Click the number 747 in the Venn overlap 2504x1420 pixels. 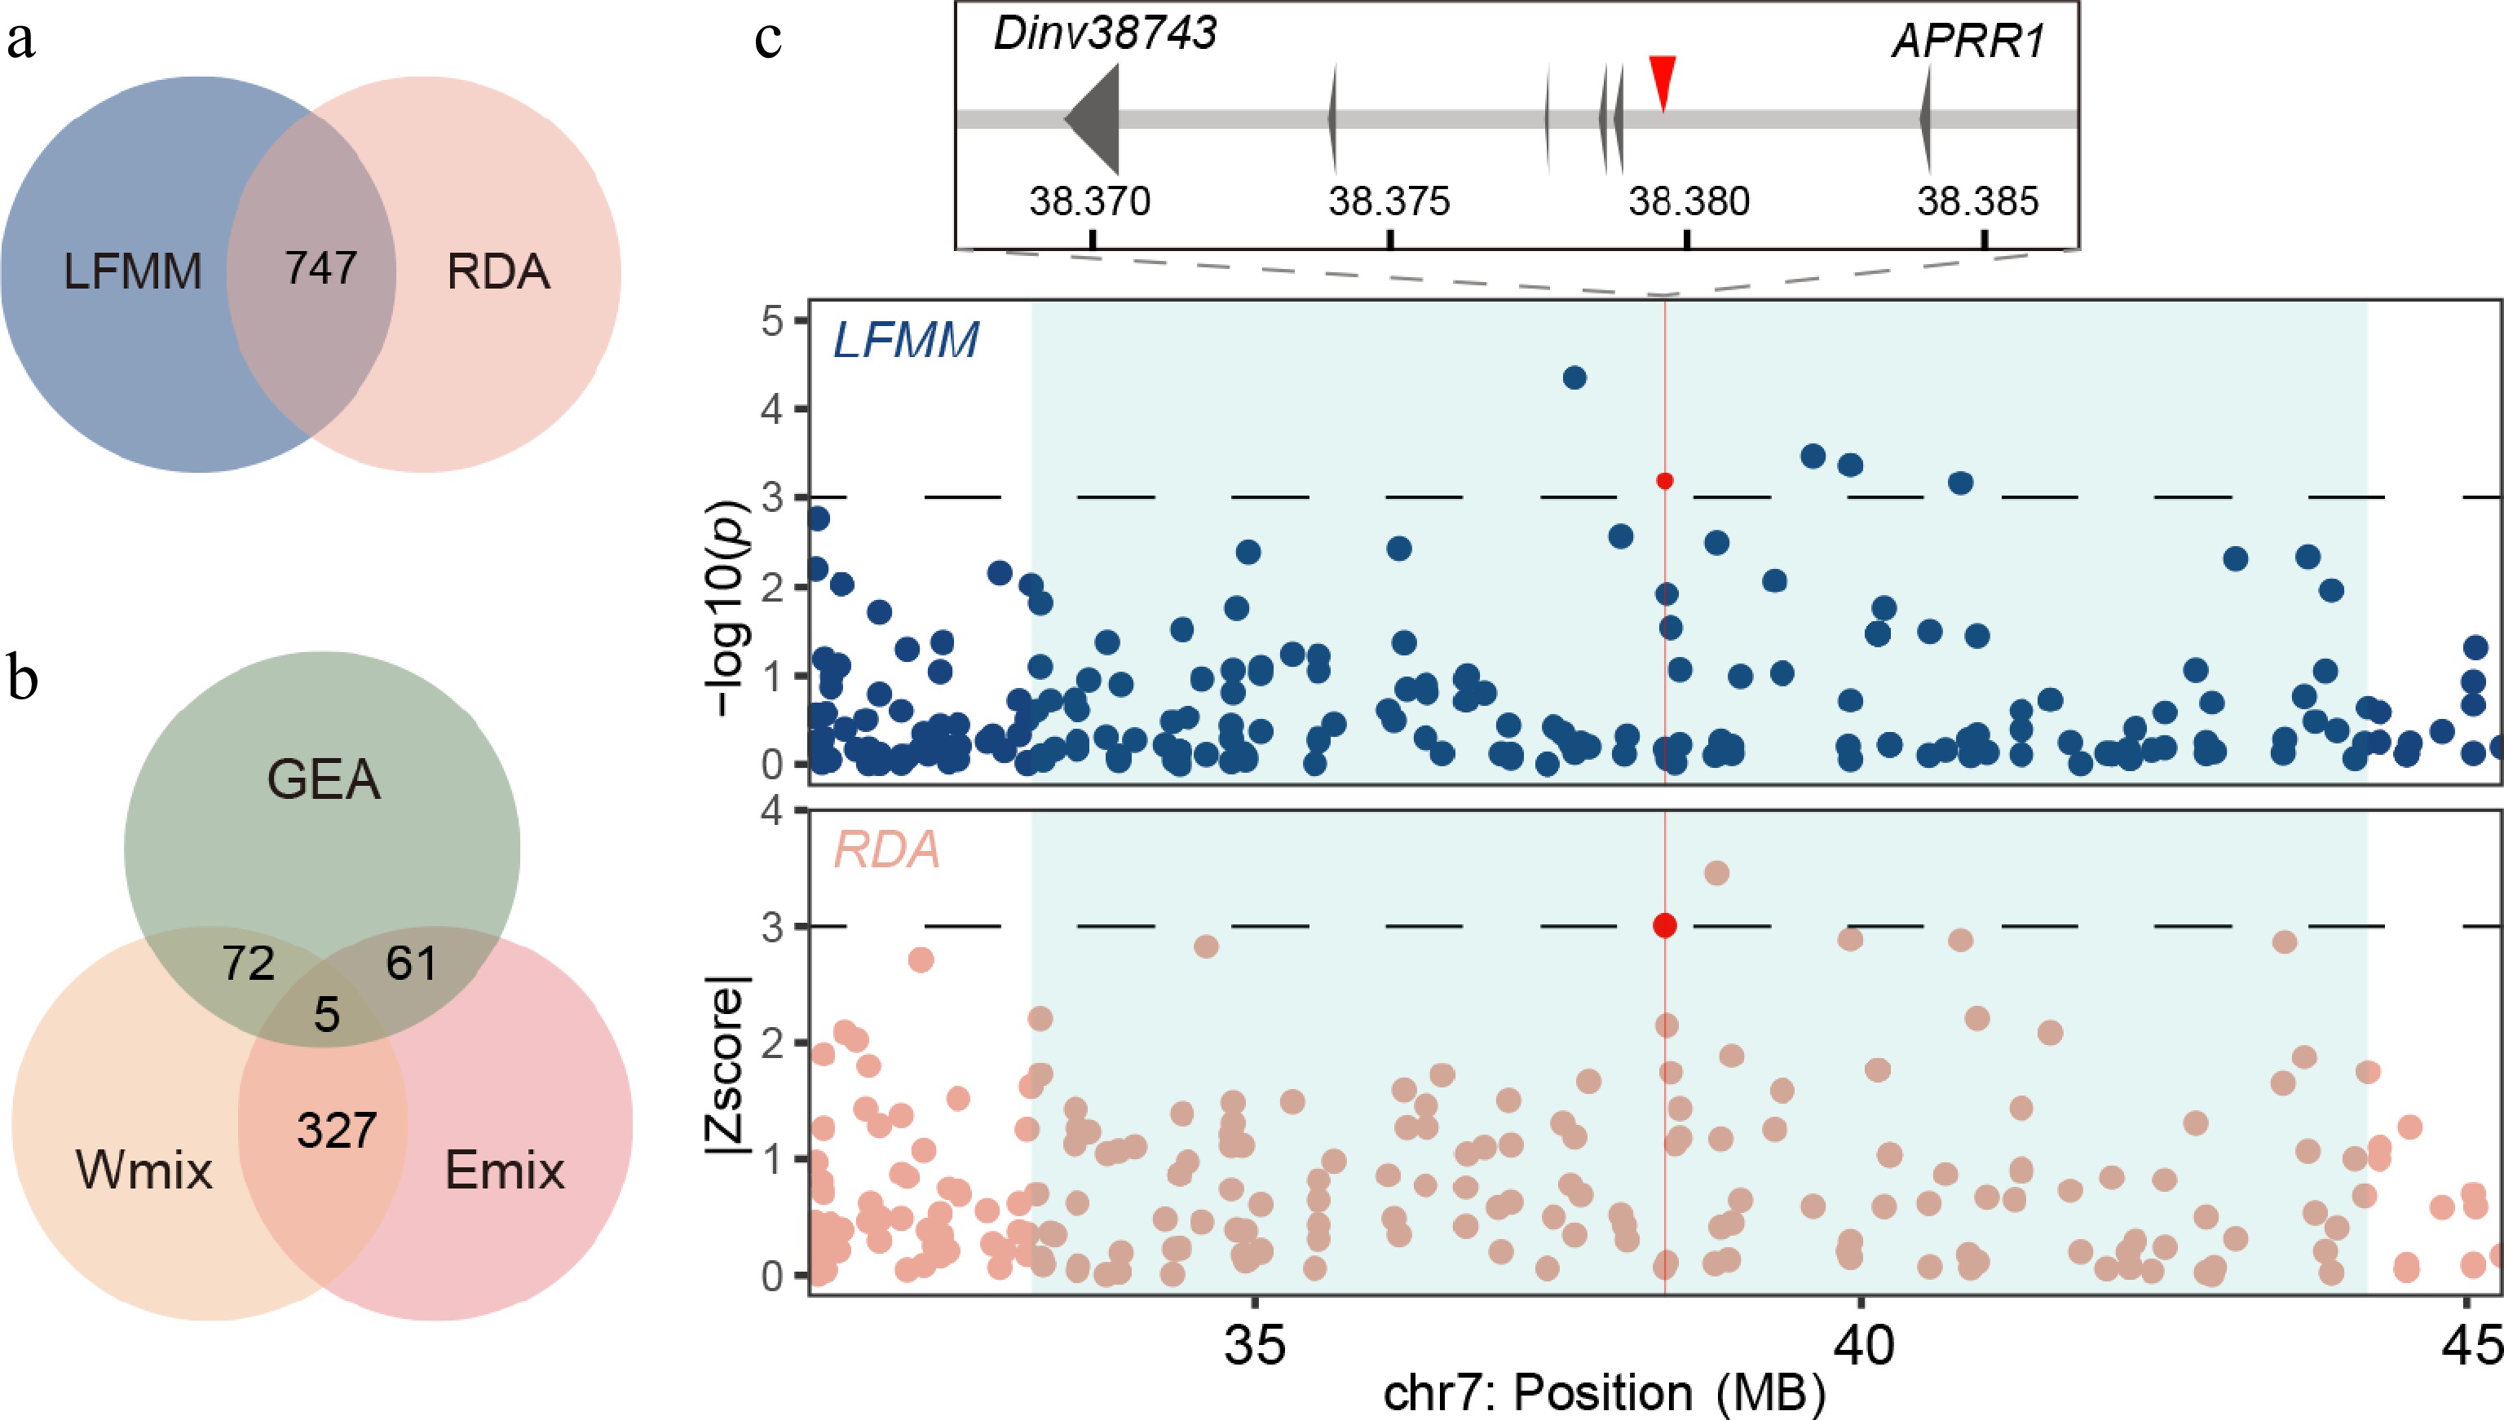(x=321, y=268)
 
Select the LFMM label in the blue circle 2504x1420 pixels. (x=133, y=272)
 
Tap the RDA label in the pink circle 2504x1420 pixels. (x=497, y=272)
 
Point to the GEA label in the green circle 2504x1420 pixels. (x=323, y=780)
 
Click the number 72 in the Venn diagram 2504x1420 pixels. (x=248, y=964)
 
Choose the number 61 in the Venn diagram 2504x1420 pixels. (x=411, y=964)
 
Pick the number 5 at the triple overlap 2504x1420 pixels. (x=327, y=1015)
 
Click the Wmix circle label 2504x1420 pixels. (x=144, y=1170)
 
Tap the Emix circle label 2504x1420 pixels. (x=505, y=1170)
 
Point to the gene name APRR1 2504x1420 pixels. (x=1967, y=42)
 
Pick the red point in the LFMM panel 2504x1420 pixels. (x=1665, y=481)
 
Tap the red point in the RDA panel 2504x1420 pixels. (x=1665, y=925)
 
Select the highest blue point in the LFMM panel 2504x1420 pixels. (x=1574, y=377)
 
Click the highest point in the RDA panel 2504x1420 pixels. (x=1717, y=873)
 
